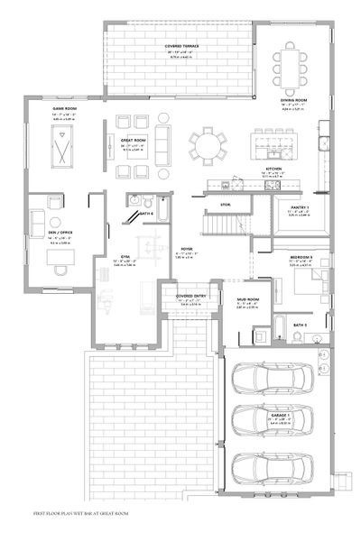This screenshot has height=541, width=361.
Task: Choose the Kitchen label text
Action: [274, 169]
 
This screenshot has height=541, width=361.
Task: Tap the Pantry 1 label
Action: [301, 208]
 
